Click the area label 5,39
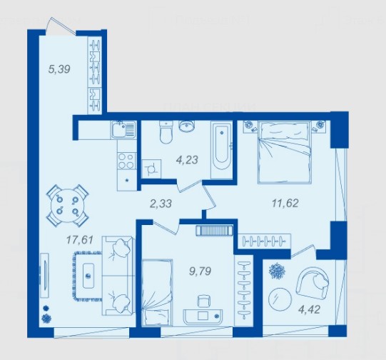pyautogui.click(x=59, y=69)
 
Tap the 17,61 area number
pyautogui.click(x=80, y=240)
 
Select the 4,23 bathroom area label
pyautogui.click(x=187, y=160)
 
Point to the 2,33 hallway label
pyautogui.click(x=161, y=204)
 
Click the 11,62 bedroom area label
pyautogui.click(x=285, y=204)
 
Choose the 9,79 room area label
pyautogui.click(x=200, y=271)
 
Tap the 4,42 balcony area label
pyautogui.click(x=309, y=310)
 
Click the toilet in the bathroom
pyautogui.click(x=166, y=132)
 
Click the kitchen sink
pyautogui.click(x=123, y=129)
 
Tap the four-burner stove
pyautogui.click(x=126, y=161)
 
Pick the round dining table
pyautogui.click(x=68, y=205)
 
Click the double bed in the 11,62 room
pyautogui.click(x=285, y=153)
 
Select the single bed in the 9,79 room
pyautogui.click(x=157, y=292)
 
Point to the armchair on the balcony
pyautogui.click(x=313, y=282)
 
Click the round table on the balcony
pyautogui.click(x=280, y=299)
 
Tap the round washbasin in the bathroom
pyautogui.click(x=187, y=126)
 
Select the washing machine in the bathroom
pyautogui.click(x=152, y=169)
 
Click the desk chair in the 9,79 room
pyautogui.click(x=204, y=301)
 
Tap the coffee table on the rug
pyautogui.click(x=88, y=276)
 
